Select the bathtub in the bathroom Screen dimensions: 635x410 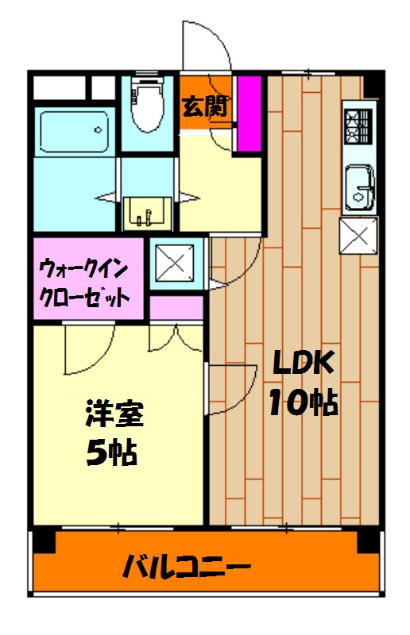click(73, 130)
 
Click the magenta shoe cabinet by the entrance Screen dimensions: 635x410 click(249, 113)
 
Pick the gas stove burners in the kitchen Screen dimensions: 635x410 click(358, 123)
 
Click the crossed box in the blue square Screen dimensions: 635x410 click(172, 262)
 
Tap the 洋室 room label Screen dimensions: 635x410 click(115, 415)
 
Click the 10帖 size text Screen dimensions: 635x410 click(302, 403)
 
